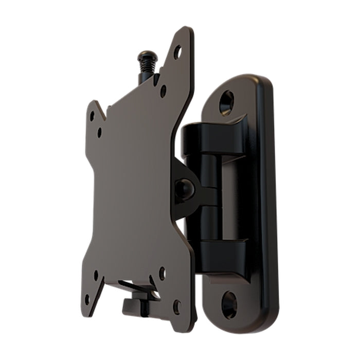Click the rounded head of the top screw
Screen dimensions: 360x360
click(x=148, y=55)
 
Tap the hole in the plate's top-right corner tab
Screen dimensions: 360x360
click(x=177, y=52)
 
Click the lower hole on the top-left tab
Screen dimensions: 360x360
click(x=99, y=133)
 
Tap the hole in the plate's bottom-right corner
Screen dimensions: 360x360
click(x=177, y=307)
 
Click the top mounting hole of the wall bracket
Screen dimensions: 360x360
click(x=226, y=102)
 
